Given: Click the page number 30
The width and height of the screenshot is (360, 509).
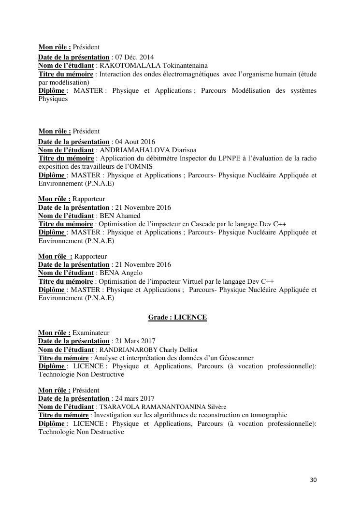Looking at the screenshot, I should (313, 480).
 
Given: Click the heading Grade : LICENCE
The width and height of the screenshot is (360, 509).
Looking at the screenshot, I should (177, 318).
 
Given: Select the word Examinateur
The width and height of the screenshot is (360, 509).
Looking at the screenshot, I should (91, 333).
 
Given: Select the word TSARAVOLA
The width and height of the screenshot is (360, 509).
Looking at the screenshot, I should (116, 407).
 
